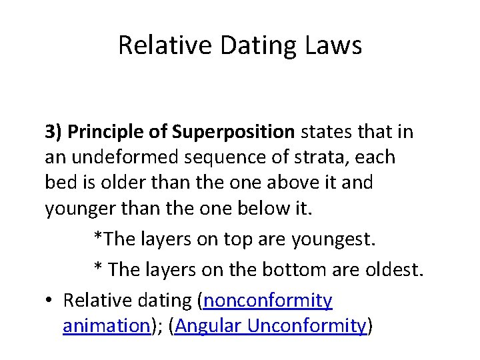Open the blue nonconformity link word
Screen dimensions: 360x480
click(x=268, y=301)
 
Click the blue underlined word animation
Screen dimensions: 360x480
click(x=104, y=326)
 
